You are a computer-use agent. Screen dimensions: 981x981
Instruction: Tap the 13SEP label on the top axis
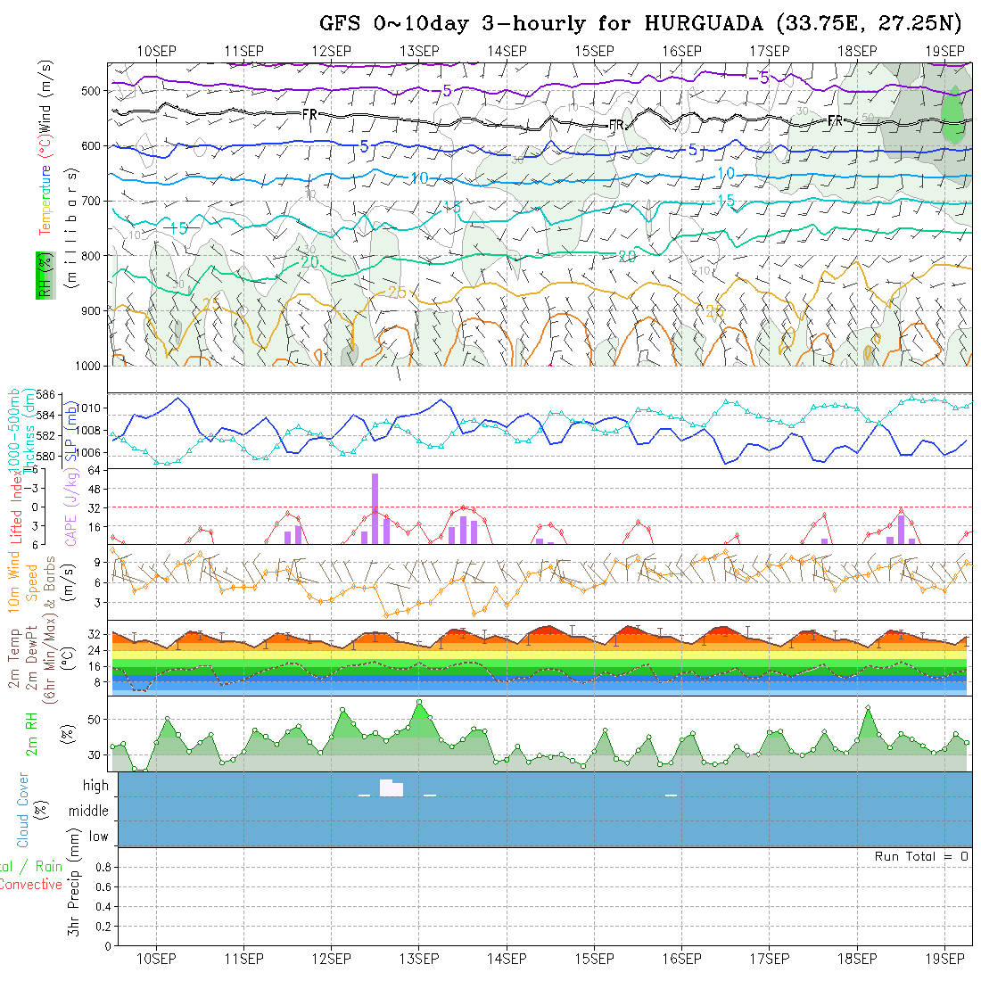pos(418,51)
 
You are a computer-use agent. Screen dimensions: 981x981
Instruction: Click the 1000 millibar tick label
pos(88,366)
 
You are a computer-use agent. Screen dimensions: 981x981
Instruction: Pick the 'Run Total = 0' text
pos(921,856)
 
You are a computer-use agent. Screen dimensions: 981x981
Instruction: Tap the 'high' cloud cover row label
pos(95,786)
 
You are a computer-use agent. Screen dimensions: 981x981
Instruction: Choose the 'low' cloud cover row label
pos(98,837)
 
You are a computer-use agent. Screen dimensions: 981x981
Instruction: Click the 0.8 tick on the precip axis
pos(102,867)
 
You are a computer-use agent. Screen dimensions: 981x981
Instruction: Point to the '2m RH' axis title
pos(32,733)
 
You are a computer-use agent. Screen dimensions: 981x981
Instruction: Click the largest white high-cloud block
pos(391,788)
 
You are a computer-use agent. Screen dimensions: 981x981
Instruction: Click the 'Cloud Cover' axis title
pos(23,810)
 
